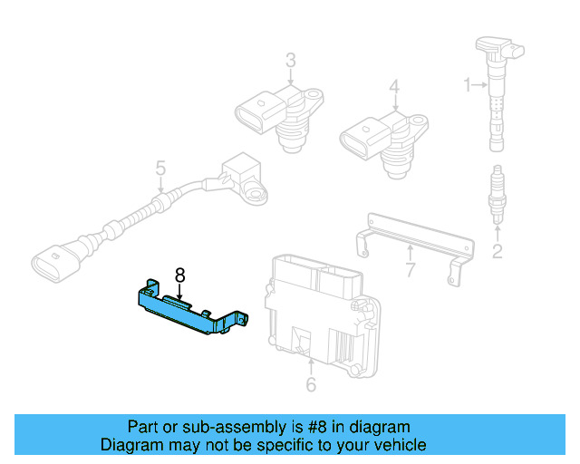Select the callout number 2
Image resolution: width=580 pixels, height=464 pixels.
497,251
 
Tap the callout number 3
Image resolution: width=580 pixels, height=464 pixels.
290,62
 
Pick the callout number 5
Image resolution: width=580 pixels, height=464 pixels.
160,169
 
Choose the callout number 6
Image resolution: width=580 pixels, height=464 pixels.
311,386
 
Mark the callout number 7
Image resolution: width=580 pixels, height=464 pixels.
410,269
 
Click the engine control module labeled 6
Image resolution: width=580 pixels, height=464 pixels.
322,308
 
